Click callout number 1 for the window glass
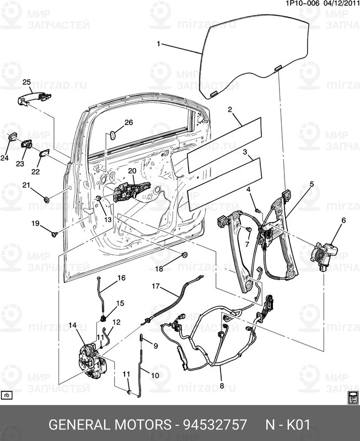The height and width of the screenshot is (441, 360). tap(159, 44)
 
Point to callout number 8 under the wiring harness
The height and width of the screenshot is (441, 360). tap(222, 386)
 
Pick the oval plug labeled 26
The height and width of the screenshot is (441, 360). tap(113, 133)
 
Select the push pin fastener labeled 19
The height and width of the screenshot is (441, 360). tap(54, 234)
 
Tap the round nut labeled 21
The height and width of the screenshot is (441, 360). tap(46, 199)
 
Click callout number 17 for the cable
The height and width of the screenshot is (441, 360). tap(155, 286)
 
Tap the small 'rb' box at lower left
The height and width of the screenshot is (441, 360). tap(7, 395)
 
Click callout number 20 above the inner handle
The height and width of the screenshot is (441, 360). tap(132, 171)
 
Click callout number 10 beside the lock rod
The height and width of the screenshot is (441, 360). tap(155, 375)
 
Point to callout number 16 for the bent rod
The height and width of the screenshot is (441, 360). tap(121, 277)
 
